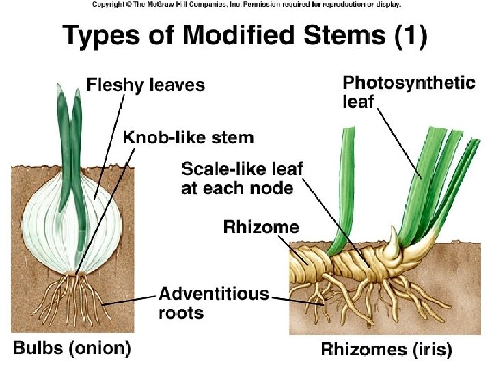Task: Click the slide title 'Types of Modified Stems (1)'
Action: (245, 36)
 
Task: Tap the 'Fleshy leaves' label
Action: (146, 85)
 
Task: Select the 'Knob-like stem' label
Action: (188, 137)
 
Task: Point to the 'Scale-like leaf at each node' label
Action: (242, 178)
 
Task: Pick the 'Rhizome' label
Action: (261, 227)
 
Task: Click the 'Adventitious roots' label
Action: (213, 303)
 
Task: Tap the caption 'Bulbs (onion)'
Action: (72, 348)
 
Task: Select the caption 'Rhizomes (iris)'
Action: (386, 351)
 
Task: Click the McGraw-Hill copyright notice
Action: (246, 5)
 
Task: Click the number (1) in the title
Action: (411, 36)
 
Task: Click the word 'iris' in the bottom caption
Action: (431, 351)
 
